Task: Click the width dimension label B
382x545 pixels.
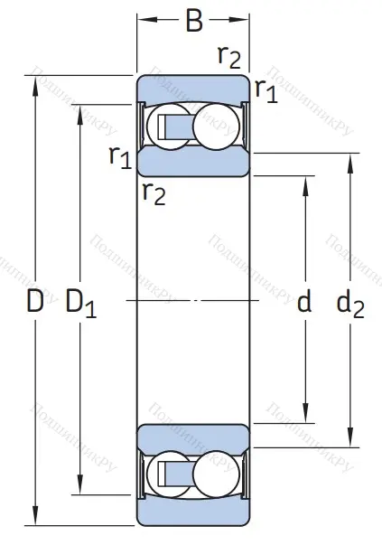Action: click(x=193, y=20)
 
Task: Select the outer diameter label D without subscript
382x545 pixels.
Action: click(x=34, y=303)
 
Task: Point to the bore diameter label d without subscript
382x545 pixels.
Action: click(x=304, y=303)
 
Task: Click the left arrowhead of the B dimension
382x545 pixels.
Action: click(x=144, y=19)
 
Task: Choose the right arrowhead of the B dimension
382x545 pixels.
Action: click(x=244, y=19)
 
